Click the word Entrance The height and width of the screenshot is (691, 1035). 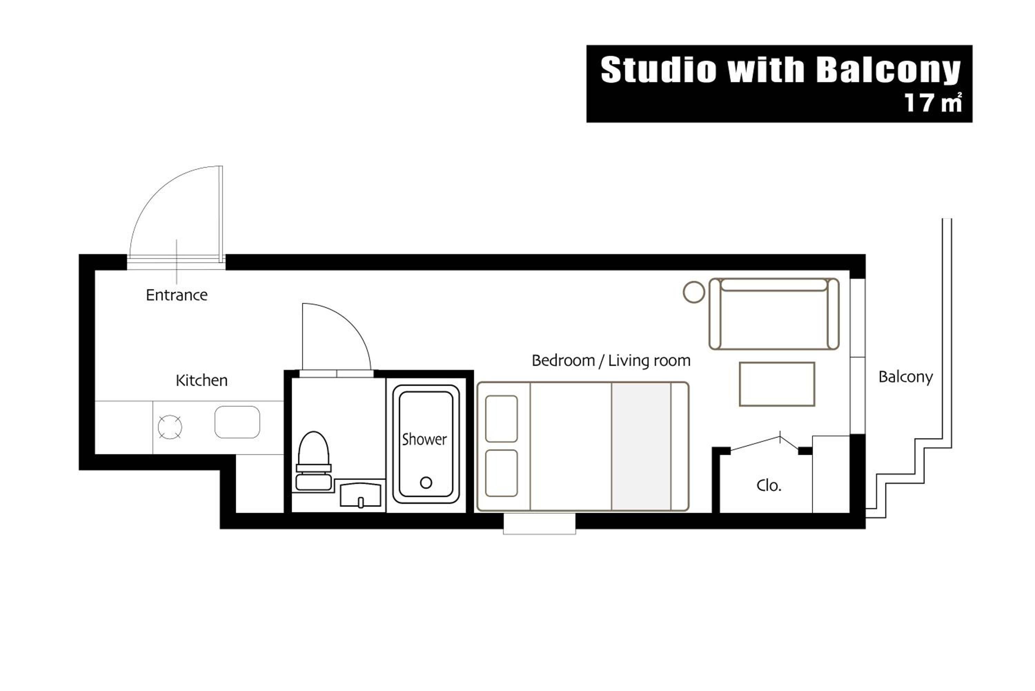pyautogui.click(x=177, y=295)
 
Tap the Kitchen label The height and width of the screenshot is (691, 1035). pyautogui.click(x=202, y=380)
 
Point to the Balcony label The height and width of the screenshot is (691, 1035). pyautogui.click(x=906, y=377)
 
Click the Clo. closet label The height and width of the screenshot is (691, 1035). pyautogui.click(x=769, y=486)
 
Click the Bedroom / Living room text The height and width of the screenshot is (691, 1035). pyautogui.click(x=611, y=360)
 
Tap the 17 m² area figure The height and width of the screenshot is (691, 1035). pyautogui.click(x=933, y=102)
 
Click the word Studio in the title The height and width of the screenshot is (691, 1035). pyautogui.click(x=659, y=70)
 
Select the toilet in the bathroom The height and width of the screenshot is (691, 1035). pyautogui.click(x=314, y=461)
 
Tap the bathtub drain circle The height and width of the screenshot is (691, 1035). pyautogui.click(x=426, y=483)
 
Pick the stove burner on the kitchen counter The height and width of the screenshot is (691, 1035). pyautogui.click(x=170, y=427)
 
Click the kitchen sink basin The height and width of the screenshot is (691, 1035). pyautogui.click(x=237, y=422)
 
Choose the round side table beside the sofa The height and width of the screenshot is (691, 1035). pyautogui.click(x=694, y=292)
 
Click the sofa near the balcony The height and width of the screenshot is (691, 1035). pyautogui.click(x=774, y=314)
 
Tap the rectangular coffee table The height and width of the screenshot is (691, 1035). pyautogui.click(x=777, y=384)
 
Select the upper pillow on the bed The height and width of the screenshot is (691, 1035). pyautogui.click(x=501, y=419)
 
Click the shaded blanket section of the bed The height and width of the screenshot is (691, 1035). pyautogui.click(x=641, y=446)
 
